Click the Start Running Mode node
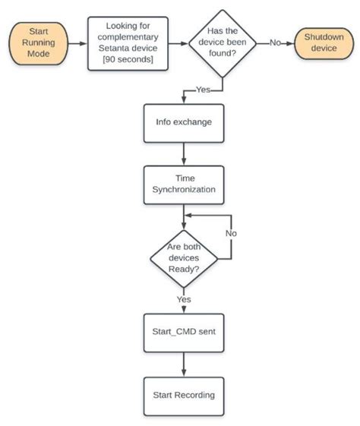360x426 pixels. pos(40,43)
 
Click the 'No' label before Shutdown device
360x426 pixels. pos(277,43)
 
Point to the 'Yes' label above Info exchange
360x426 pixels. pos(204,90)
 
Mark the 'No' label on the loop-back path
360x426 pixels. pos(230,232)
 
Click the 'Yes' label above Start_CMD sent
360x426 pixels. pos(183,299)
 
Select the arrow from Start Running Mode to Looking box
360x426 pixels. pos(78,43)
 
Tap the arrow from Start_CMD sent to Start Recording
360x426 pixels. pos(183,364)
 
